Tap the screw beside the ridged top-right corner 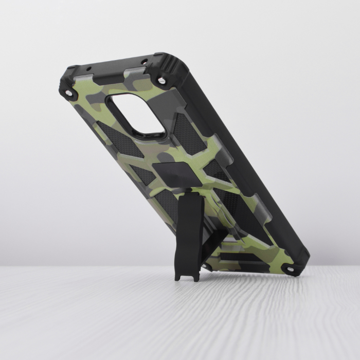click(x=163, y=81)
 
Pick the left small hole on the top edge click(x=88, y=68)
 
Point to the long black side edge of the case click(x=247, y=154)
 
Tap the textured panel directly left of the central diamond click(x=143, y=175)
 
